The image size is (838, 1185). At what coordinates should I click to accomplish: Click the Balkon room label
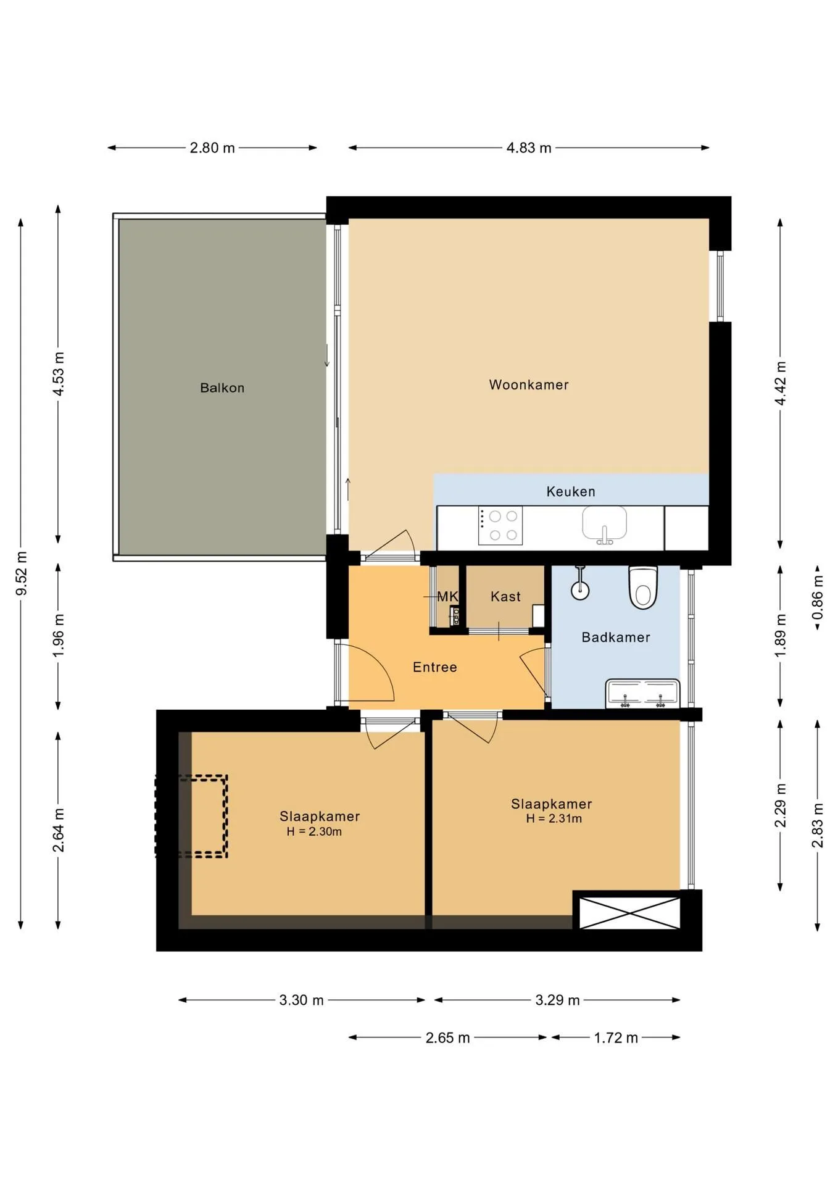222,388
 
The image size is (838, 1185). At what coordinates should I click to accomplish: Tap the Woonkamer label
529,385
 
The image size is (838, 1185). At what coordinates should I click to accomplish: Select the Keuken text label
571,492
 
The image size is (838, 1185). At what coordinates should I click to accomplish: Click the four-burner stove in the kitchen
500,525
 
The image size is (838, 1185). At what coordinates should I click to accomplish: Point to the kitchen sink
605,525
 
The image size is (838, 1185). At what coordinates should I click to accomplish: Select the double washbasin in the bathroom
642,694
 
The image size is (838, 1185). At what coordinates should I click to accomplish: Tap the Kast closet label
505,597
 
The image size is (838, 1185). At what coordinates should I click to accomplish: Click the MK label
447,597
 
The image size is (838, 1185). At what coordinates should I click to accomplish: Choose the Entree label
435,667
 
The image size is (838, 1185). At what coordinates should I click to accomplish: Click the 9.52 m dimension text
22,573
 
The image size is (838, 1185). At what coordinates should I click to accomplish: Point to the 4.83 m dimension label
529,148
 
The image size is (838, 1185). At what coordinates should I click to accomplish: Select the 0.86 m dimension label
818,598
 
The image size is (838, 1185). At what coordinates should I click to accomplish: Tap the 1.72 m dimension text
616,1038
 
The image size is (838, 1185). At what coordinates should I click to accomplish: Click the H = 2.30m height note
314,832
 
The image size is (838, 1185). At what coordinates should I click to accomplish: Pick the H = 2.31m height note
554,819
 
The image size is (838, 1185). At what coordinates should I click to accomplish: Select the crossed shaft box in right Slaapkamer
629,913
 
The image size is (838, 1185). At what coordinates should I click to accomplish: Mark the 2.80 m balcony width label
212,148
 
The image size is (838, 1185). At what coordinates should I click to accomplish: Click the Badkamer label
616,638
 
